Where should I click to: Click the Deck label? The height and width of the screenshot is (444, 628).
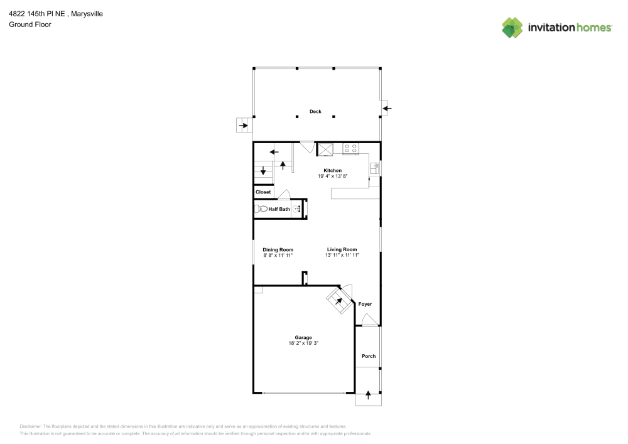pyautogui.click(x=315, y=112)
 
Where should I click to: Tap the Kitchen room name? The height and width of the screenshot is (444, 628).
pyautogui.click(x=332, y=171)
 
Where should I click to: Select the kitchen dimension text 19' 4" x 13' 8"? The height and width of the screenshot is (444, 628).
pyautogui.click(x=332, y=176)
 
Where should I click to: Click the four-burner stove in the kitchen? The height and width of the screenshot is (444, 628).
pyautogui.click(x=350, y=149)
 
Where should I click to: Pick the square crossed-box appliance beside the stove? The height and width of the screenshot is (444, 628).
pyautogui.click(x=326, y=149)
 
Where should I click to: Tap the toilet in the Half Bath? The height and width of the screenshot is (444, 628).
pyautogui.click(x=261, y=208)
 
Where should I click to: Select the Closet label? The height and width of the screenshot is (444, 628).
pyautogui.click(x=263, y=192)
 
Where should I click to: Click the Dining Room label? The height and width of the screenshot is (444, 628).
pyautogui.click(x=278, y=249)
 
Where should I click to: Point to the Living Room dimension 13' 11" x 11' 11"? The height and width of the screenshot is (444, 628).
pyautogui.click(x=342, y=256)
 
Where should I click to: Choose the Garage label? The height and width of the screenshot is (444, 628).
pyautogui.click(x=303, y=337)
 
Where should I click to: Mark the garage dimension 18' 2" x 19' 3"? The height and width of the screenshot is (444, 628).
pyautogui.click(x=303, y=343)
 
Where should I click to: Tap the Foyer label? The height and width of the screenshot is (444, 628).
pyautogui.click(x=365, y=304)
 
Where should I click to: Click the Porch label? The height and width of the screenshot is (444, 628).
pyautogui.click(x=369, y=356)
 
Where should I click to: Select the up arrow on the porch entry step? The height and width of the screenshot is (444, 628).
pyautogui.click(x=368, y=396)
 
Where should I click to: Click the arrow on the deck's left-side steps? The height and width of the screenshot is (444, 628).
pyautogui.click(x=243, y=126)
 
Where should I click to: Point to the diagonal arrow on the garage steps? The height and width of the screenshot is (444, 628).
pyautogui.click(x=340, y=300)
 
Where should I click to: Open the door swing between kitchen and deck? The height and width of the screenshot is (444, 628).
pyautogui.click(x=307, y=147)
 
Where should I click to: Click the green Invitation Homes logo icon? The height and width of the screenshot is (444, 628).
pyautogui.click(x=512, y=27)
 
